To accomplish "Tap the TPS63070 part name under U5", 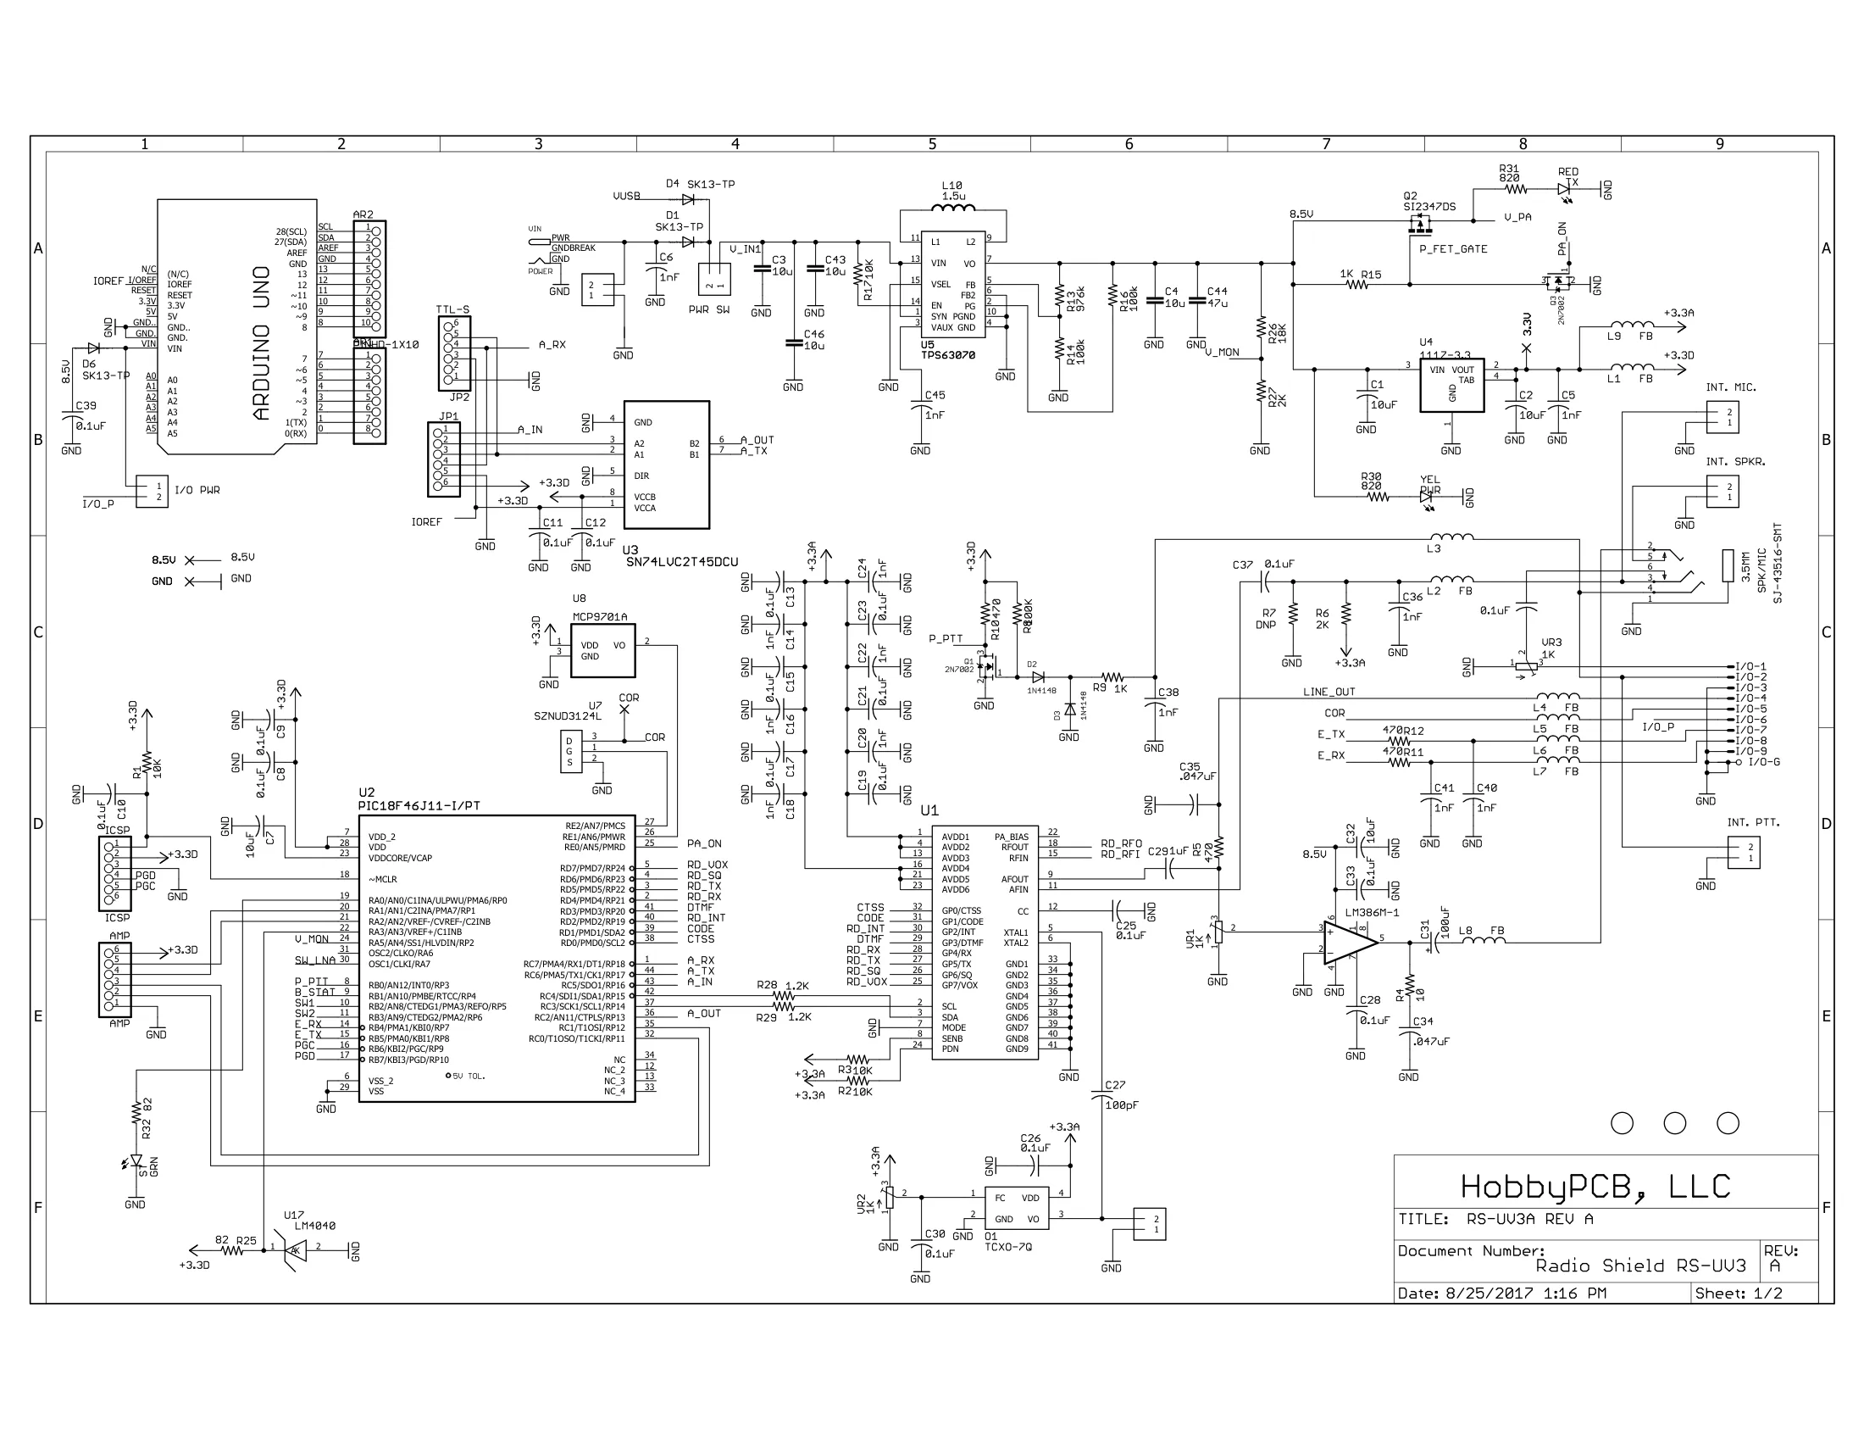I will point(947,355).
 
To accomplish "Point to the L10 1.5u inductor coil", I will point(952,209).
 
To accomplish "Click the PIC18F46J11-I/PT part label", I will point(419,805).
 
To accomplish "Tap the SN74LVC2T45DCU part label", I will point(682,562).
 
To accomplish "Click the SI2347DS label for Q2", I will point(1429,207).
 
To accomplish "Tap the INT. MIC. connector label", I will point(1731,387).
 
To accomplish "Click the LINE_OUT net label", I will point(1329,692).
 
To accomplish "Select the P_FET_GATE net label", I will point(1452,249).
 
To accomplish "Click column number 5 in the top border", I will point(932,144).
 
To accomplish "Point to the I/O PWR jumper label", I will point(197,490).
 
